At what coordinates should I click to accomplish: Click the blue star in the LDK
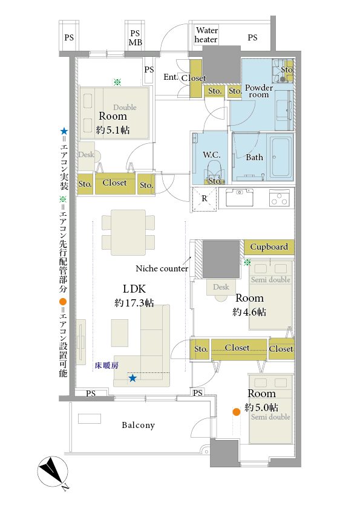(133, 378)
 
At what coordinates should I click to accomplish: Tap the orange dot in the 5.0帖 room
(236, 412)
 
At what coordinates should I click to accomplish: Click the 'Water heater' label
(206, 35)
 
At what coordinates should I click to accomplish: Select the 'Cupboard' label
(269, 247)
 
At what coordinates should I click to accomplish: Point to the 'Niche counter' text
(162, 268)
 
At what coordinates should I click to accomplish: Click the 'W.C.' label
(212, 155)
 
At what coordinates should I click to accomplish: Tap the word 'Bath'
(254, 157)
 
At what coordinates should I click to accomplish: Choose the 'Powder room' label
(258, 91)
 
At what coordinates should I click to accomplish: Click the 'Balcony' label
(138, 425)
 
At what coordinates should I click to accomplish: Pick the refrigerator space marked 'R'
(205, 199)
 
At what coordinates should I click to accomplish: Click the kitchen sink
(240, 196)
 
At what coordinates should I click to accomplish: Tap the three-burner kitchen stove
(279, 198)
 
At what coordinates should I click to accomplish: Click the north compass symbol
(53, 472)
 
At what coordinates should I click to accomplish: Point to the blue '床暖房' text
(106, 366)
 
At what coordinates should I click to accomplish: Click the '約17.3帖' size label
(134, 303)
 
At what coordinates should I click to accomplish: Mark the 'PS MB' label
(135, 37)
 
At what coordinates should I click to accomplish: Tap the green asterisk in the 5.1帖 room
(117, 82)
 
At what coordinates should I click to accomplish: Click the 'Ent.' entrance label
(171, 77)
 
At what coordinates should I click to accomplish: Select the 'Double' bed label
(125, 107)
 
